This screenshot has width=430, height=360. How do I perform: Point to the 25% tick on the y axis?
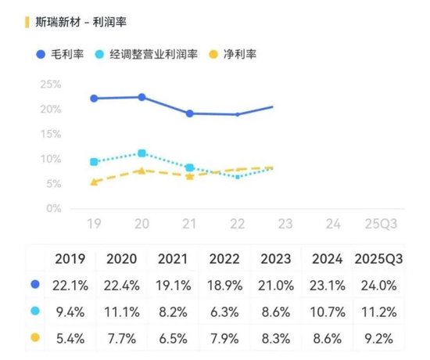pyautogui.click(x=48, y=84)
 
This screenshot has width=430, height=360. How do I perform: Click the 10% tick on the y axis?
pyautogui.click(x=48, y=159)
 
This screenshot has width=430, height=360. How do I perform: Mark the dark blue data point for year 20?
pyautogui.click(x=142, y=97)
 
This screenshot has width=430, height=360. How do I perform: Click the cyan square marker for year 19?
pyautogui.click(x=94, y=162)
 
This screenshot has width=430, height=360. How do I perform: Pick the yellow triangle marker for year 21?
pyautogui.click(x=189, y=176)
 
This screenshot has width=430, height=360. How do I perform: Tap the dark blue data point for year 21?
pyautogui.click(x=189, y=113)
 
